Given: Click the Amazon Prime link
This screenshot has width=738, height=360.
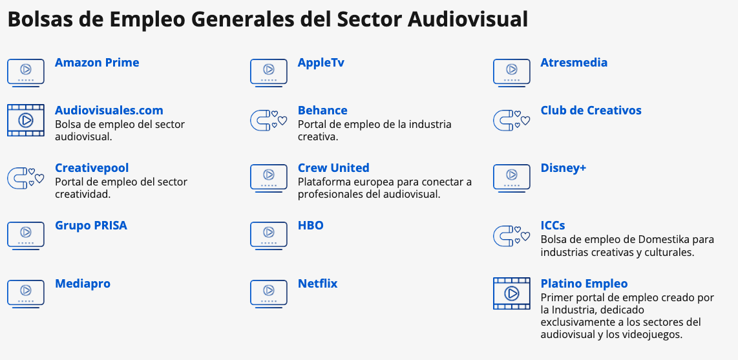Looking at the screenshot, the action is click(x=97, y=63).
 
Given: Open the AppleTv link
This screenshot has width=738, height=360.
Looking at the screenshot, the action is click(x=321, y=63).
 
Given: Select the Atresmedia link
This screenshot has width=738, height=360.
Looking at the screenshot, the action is click(x=574, y=63).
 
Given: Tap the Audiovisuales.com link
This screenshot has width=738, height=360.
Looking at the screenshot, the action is click(x=109, y=111).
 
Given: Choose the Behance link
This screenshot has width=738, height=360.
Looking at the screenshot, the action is click(x=322, y=111).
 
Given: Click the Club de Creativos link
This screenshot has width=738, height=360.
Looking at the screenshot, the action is click(x=591, y=111).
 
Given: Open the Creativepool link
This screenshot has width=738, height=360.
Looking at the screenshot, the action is click(x=92, y=168).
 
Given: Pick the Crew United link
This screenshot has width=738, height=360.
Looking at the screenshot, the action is click(x=333, y=168).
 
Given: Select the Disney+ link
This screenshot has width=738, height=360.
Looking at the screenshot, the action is click(x=564, y=168).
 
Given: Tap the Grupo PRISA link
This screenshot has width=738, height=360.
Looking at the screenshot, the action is click(x=91, y=226).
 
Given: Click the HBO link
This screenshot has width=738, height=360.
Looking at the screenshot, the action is click(x=311, y=226).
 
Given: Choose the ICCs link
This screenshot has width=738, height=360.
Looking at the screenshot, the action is click(x=553, y=226).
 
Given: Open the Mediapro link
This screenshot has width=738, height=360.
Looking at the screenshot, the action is click(x=83, y=284).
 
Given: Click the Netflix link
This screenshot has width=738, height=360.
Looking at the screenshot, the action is click(x=318, y=284).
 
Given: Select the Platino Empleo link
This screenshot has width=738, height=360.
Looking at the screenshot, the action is click(x=584, y=284).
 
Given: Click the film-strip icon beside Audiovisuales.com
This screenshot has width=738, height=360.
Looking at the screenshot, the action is click(x=26, y=120).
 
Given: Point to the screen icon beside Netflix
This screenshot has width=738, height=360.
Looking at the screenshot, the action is click(x=268, y=294).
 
